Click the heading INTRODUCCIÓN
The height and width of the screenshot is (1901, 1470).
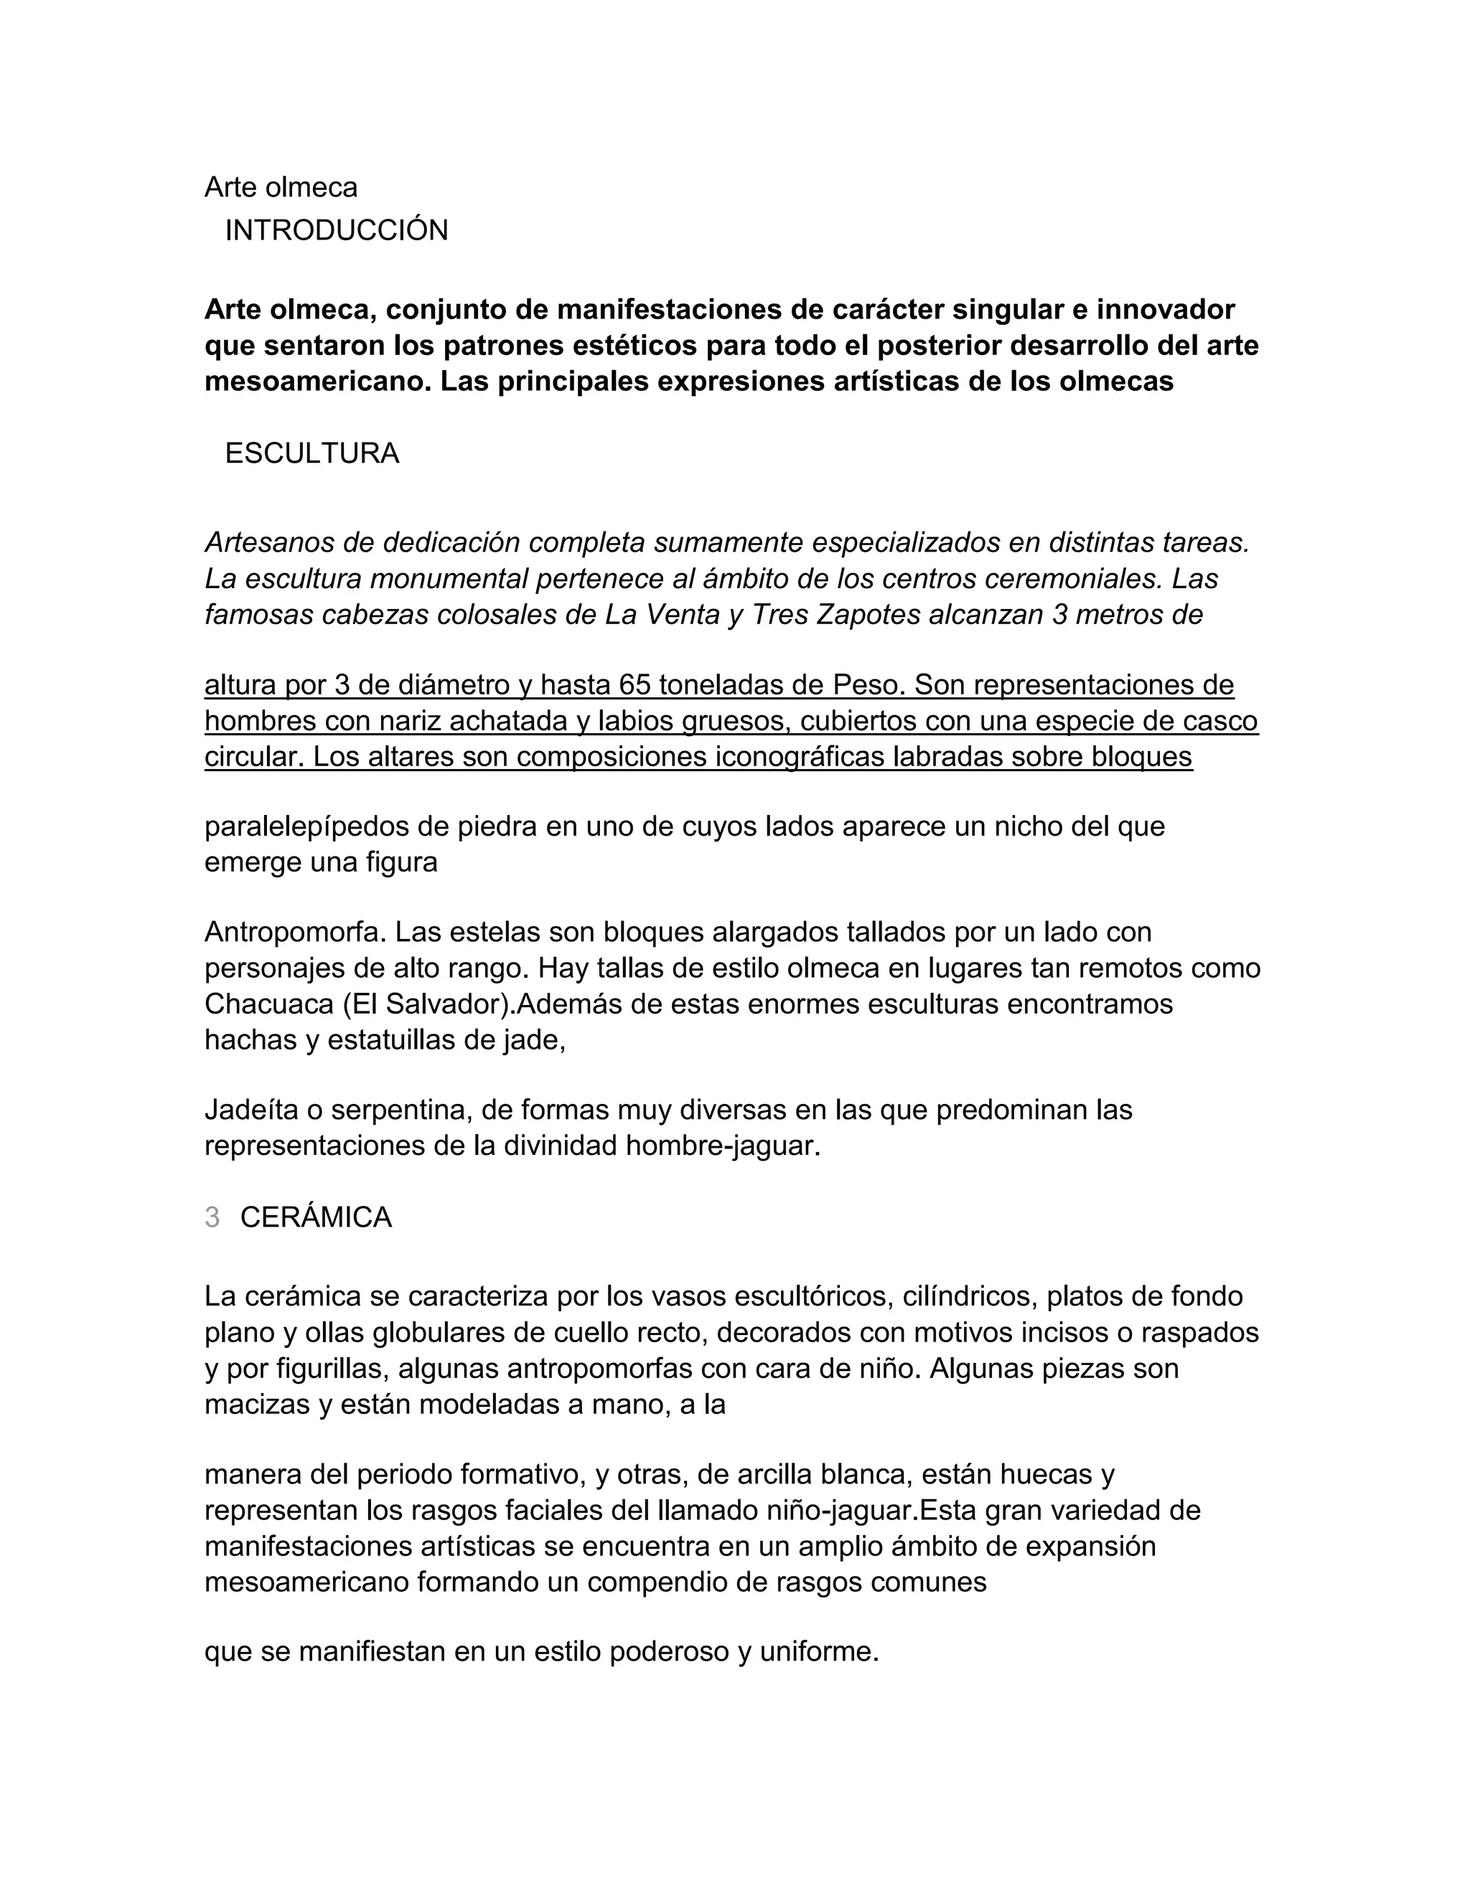[336, 231]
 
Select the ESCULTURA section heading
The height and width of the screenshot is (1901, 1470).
[312, 453]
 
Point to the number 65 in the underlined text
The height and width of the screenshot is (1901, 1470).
[636, 686]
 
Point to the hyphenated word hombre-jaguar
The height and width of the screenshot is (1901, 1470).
[722, 1146]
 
